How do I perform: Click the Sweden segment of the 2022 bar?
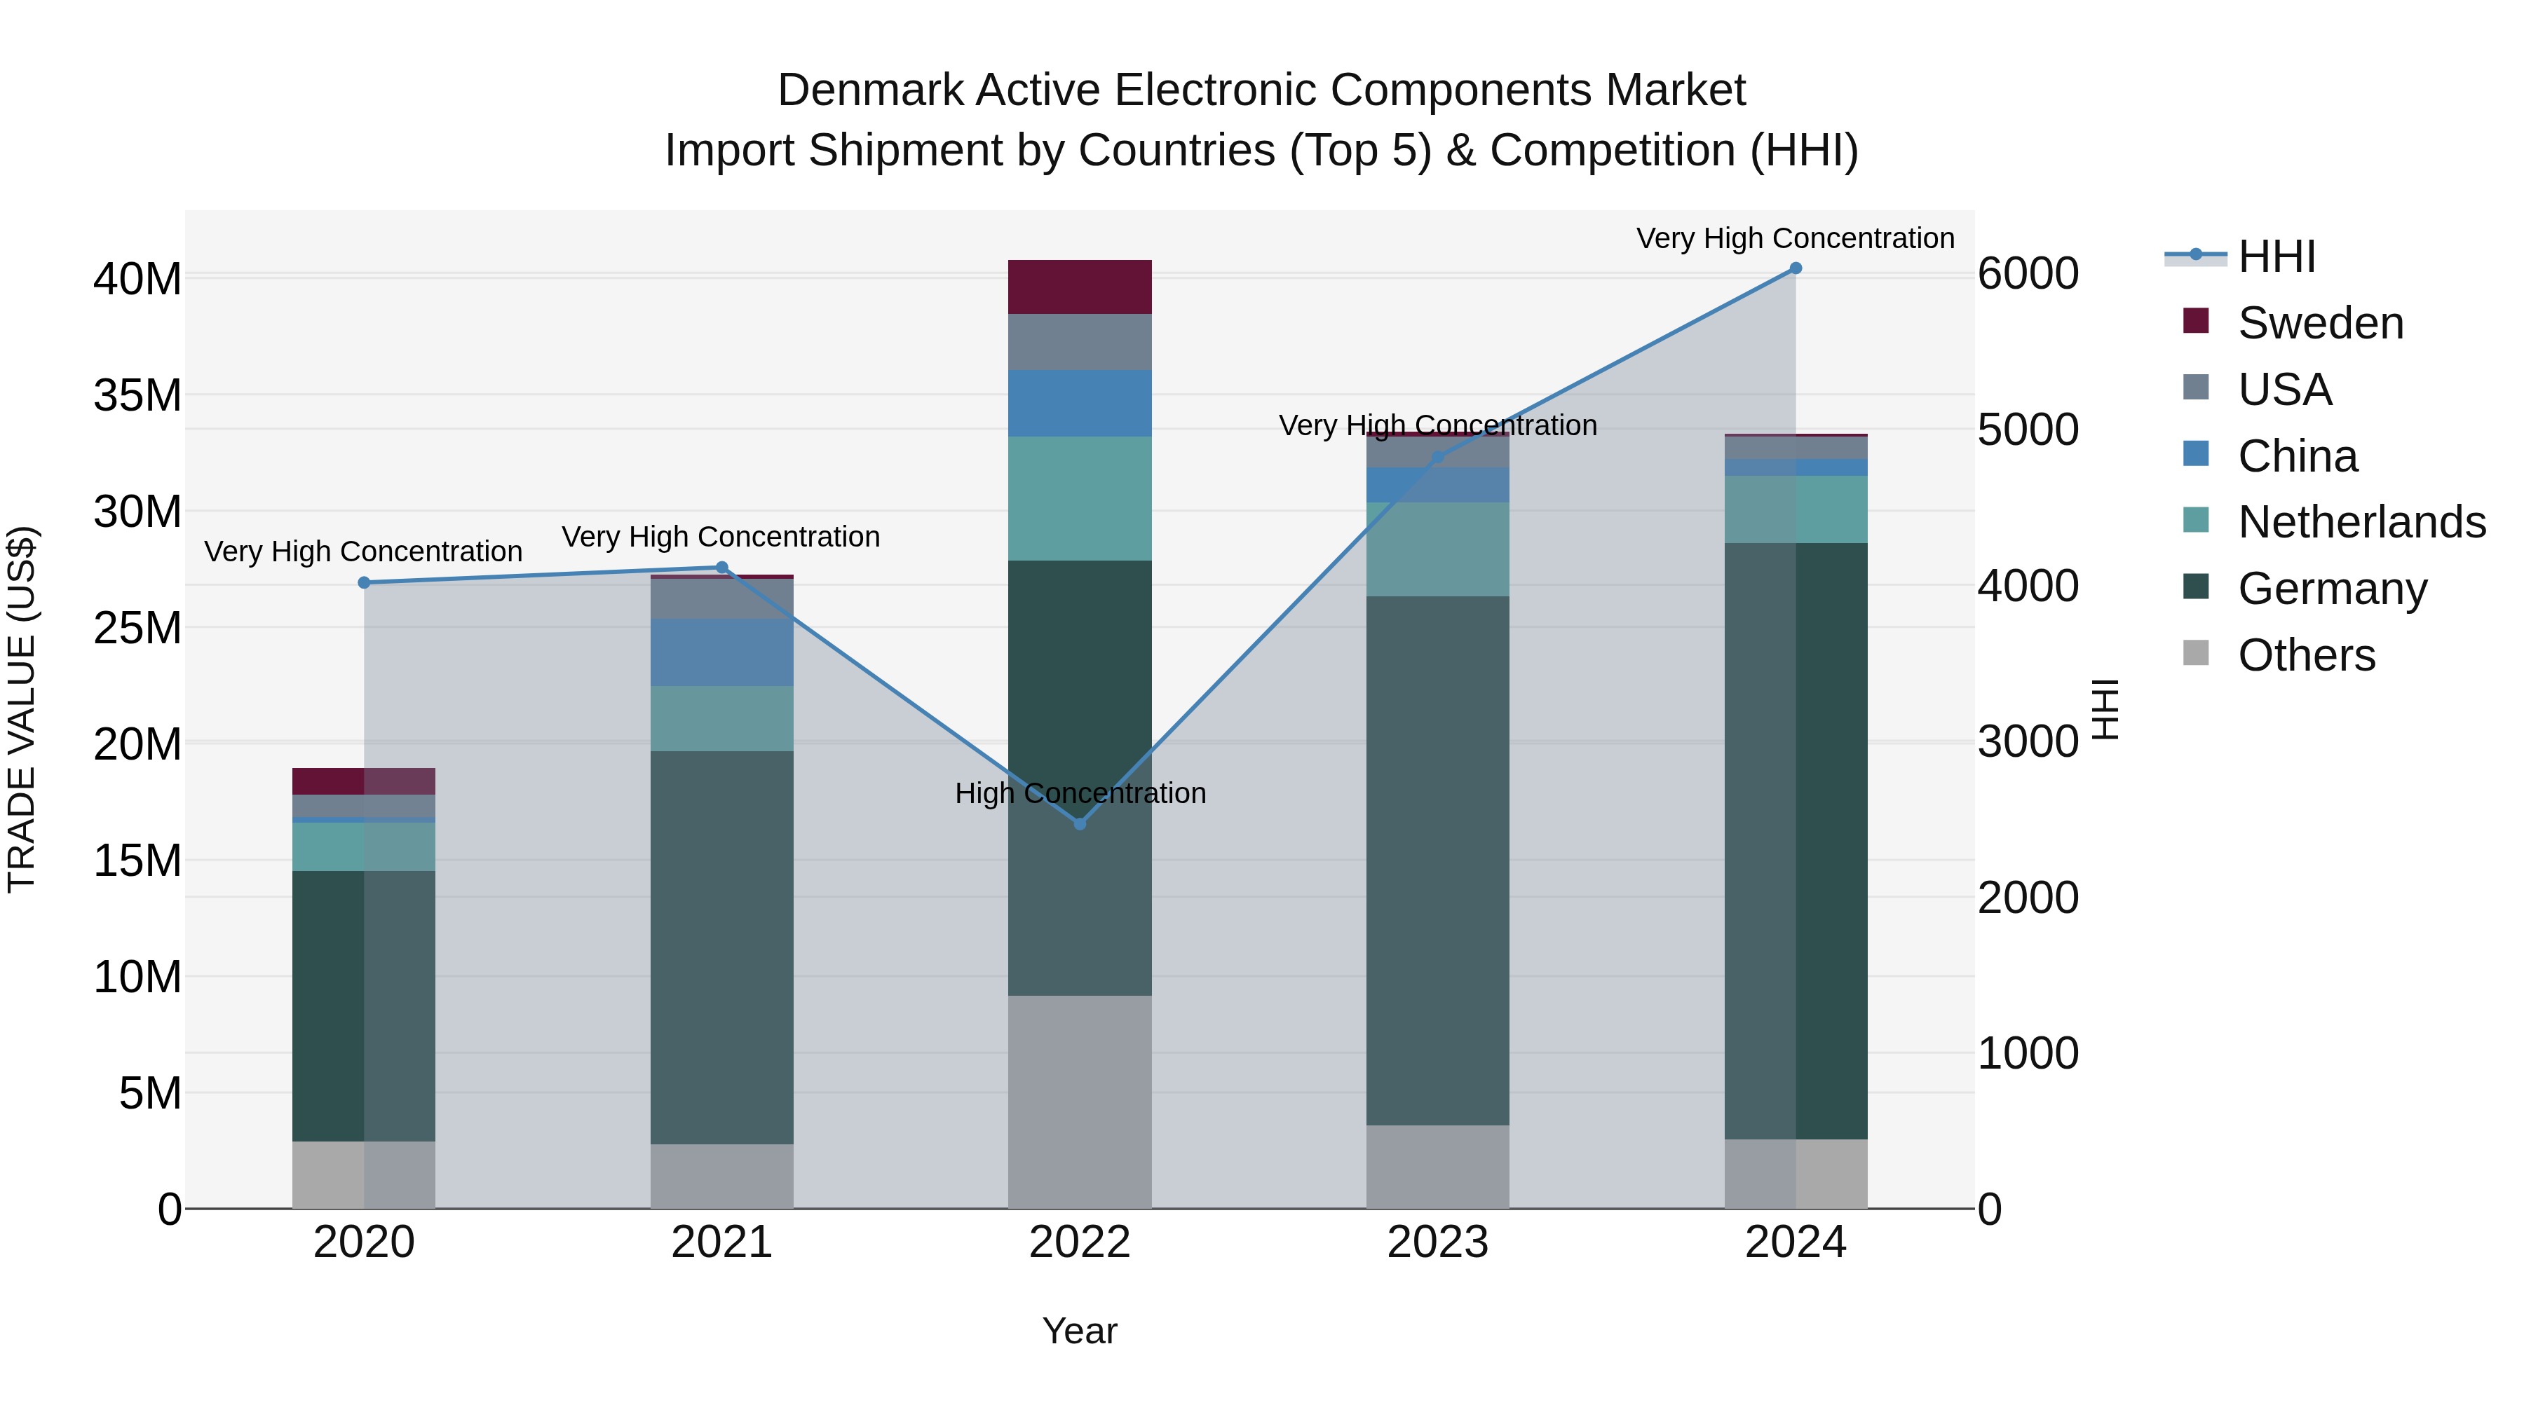point(1079,286)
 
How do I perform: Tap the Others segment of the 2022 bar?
point(1079,1101)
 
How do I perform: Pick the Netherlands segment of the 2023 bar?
point(1437,549)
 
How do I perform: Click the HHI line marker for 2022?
point(1079,823)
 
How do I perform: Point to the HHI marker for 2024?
point(1795,268)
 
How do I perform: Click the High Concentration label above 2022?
point(1080,793)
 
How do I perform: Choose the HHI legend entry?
point(2275,256)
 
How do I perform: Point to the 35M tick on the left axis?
point(137,396)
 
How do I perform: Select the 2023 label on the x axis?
point(1437,1242)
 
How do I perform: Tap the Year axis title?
point(1079,1330)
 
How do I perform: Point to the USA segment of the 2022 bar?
point(1079,342)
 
